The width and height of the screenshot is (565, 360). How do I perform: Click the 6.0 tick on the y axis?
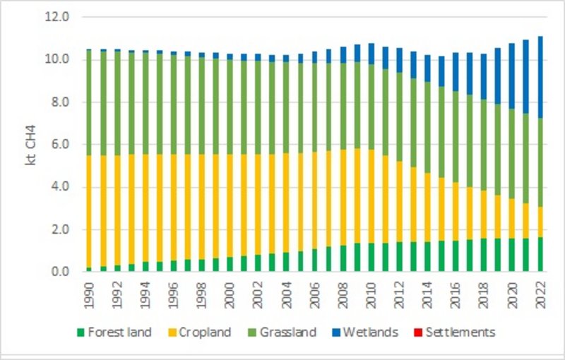point(61,145)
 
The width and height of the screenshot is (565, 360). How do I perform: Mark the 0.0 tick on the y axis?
point(61,272)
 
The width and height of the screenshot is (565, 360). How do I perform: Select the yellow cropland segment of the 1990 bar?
point(89,212)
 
